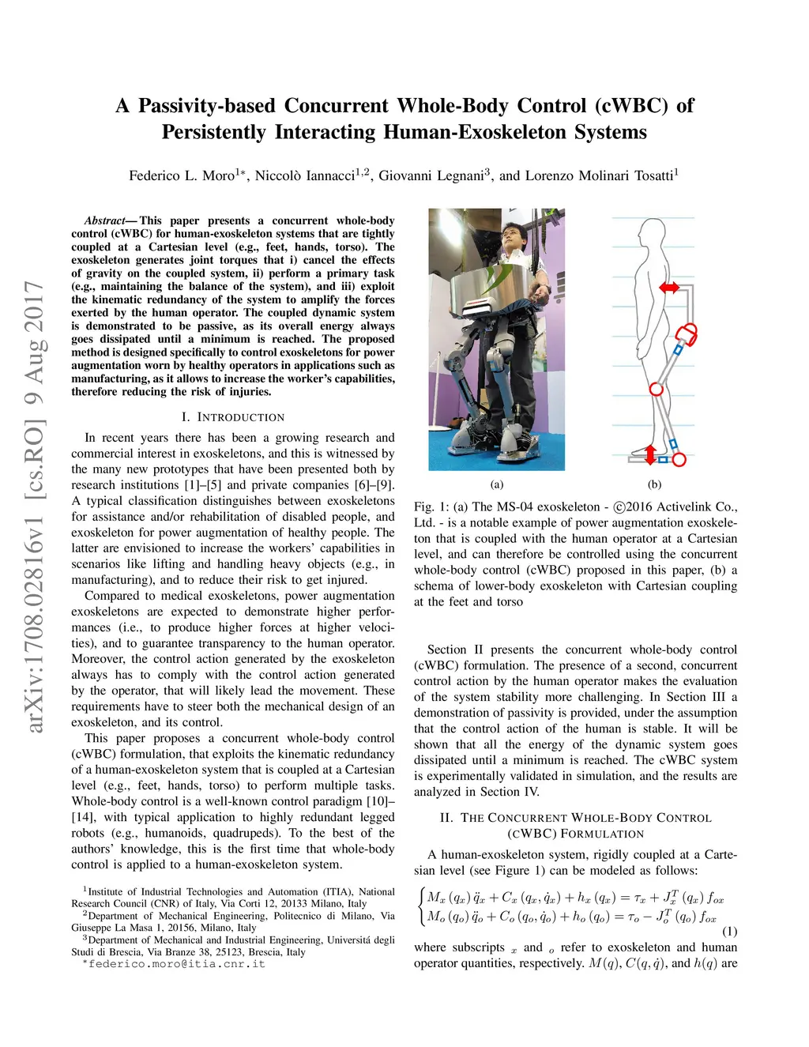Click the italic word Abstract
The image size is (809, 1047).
tap(104, 220)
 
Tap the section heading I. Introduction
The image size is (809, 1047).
tap(232, 417)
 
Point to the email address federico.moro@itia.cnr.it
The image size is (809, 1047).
tap(176, 964)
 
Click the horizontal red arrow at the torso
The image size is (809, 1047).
tap(668, 288)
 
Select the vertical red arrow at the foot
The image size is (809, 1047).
tap(650, 454)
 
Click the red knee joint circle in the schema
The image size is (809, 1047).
tap(656, 389)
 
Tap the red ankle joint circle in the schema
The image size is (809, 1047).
tap(679, 459)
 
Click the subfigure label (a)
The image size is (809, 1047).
tap(496, 484)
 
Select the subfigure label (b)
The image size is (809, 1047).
tap(654, 484)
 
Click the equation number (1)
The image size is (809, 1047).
tap(729, 931)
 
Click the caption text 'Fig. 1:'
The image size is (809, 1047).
tap(431, 507)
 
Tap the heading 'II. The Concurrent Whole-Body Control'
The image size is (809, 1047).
tap(575, 818)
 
